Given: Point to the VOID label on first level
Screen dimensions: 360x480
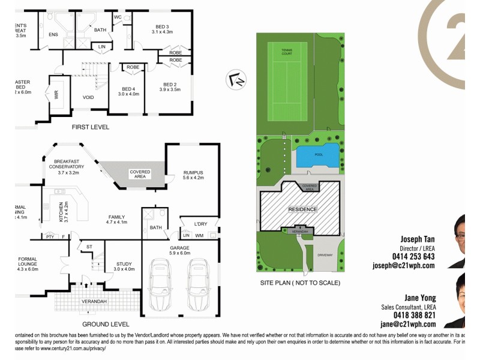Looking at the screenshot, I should (88, 97).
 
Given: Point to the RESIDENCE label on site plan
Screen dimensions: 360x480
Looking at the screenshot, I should (302, 209).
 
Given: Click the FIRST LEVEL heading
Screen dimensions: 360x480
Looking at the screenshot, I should (92, 127).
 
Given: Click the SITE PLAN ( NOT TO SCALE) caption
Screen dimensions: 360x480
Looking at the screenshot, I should (300, 283).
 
